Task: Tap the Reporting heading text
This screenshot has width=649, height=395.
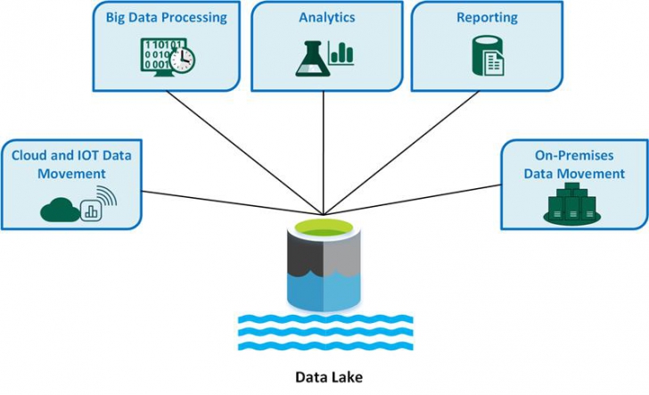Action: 488,17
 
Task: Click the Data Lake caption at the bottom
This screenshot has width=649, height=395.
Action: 324,376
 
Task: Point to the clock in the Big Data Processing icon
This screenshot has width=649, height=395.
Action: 185,59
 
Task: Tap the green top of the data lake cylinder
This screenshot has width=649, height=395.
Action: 324,226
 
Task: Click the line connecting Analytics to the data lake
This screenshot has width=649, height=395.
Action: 324,152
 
